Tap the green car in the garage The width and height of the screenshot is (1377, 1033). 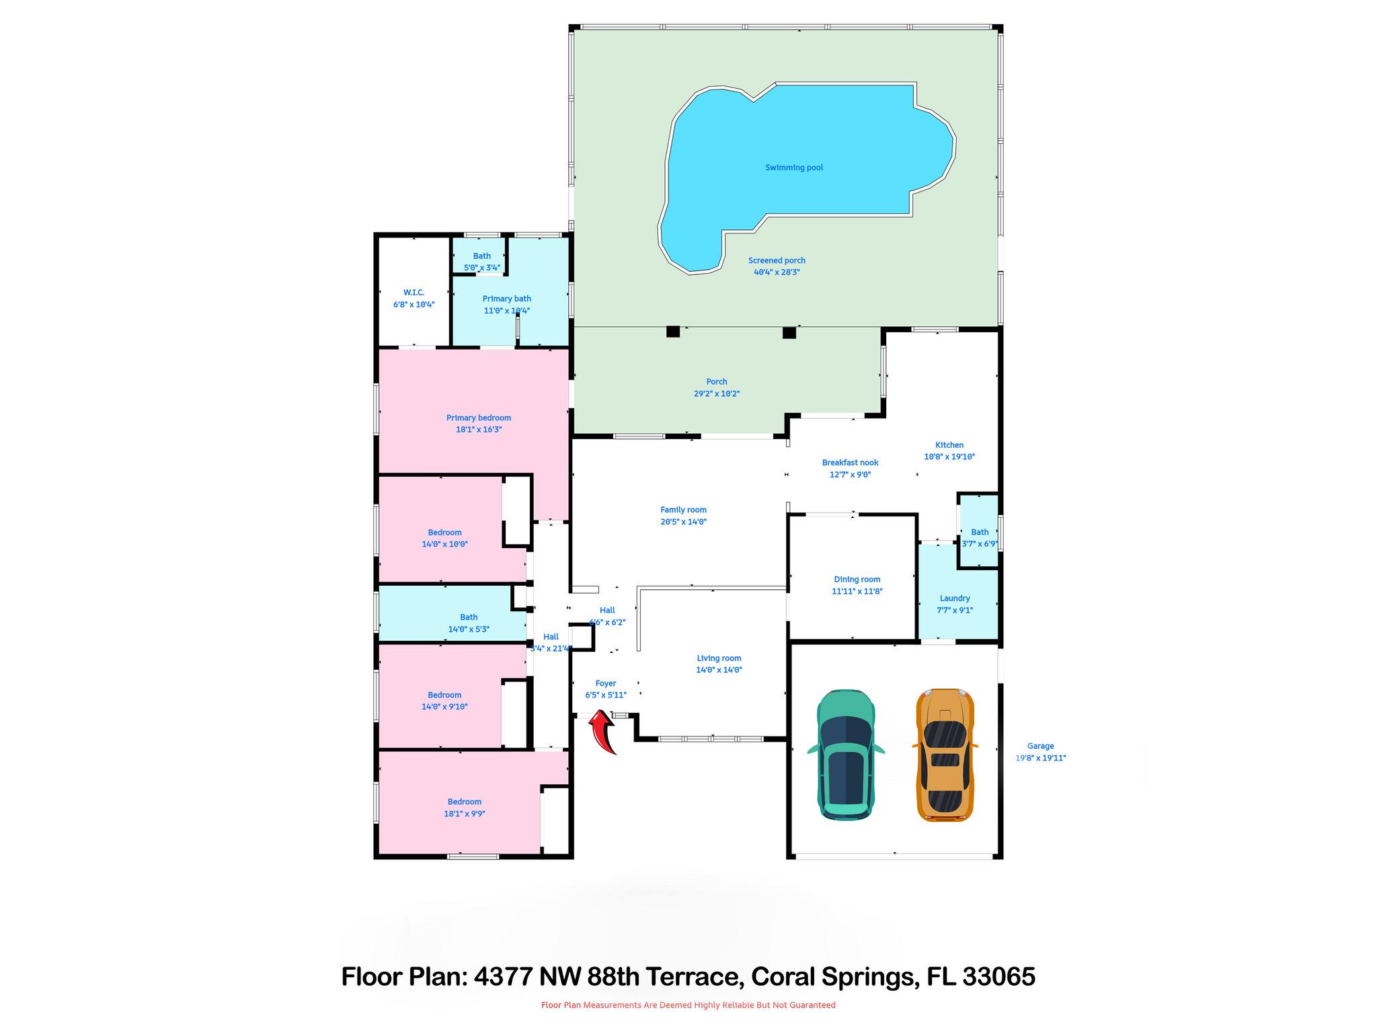pos(846,755)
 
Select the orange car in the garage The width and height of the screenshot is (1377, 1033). pos(945,755)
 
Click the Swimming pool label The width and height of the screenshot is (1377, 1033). pos(794,167)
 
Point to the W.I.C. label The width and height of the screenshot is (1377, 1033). pos(414,293)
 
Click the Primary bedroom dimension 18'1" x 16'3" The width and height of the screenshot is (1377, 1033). pos(479,429)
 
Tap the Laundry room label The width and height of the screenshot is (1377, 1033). pos(955,598)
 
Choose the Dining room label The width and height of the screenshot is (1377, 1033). pos(857,579)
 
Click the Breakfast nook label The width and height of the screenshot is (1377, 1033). pos(850,462)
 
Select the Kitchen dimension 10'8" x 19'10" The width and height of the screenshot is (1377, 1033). pos(949,457)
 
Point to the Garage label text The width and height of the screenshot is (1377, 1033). pos(1040,746)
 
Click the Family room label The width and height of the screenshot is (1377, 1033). pos(683,510)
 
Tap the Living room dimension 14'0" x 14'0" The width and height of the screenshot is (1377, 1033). pos(719,670)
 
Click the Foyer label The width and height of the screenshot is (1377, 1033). pos(605,683)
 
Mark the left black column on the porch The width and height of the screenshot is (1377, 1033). pos(672,332)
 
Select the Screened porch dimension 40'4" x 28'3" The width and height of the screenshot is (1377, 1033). pos(777,272)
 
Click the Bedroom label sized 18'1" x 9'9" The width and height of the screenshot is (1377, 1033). pos(464,802)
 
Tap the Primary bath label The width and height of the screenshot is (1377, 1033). pos(506,299)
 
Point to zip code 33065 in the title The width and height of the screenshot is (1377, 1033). pos(998,977)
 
